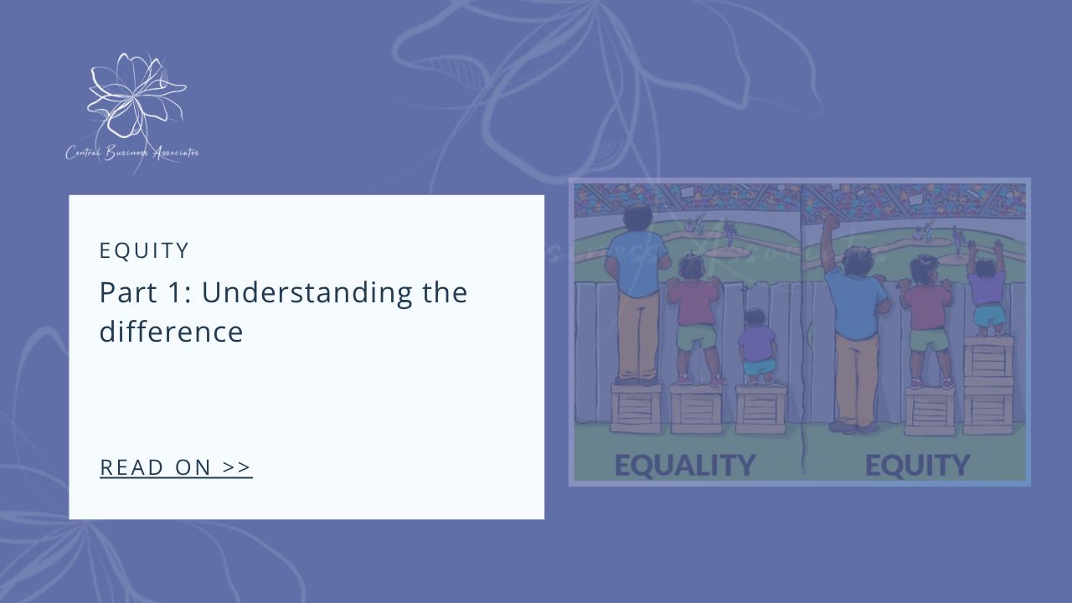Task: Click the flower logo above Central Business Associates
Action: tap(134, 96)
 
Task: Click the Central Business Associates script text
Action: tap(132, 152)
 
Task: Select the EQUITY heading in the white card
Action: tap(144, 250)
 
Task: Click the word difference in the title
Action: tap(171, 332)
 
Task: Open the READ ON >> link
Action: tap(176, 467)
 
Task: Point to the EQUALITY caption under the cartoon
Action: tap(684, 465)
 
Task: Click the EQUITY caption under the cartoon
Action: tap(917, 465)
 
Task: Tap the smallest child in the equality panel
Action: tap(758, 348)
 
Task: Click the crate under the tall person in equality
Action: tap(636, 409)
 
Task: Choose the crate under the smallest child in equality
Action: tap(760, 409)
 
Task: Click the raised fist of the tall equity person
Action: tap(830, 224)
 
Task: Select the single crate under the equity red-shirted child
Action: tap(929, 410)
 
